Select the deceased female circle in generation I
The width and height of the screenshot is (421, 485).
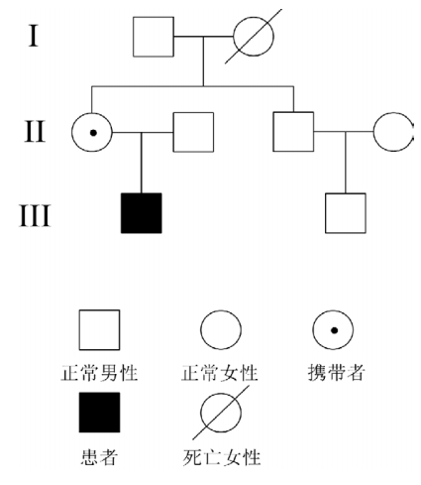[234, 37]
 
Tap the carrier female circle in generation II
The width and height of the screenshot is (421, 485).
[71, 132]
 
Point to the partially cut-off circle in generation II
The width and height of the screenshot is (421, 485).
[373, 132]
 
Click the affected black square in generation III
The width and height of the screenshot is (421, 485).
[142, 213]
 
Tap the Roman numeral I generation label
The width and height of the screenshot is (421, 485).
[33, 36]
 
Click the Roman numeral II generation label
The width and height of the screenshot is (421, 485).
[35, 132]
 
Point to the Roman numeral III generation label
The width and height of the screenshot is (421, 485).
[35, 215]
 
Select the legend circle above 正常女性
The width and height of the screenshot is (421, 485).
[201, 330]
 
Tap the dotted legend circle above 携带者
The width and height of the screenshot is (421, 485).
[313, 330]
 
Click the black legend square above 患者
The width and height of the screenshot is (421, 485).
[99, 413]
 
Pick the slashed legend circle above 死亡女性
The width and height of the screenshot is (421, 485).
[201, 413]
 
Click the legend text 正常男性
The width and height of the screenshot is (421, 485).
[99, 373]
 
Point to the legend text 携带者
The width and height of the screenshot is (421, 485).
[336, 373]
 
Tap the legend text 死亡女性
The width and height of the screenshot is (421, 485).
[222, 457]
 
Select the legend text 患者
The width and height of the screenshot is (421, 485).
[99, 457]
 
